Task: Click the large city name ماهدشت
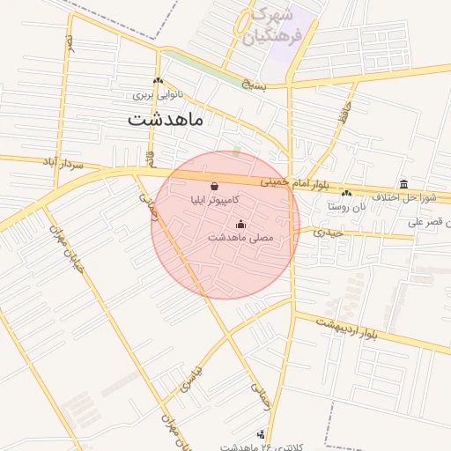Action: coord(165,119)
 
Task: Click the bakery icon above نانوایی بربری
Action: coord(157,81)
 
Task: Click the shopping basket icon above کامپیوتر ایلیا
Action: coord(216,187)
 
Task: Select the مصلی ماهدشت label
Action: coord(241,238)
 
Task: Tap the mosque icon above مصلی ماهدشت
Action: coord(241,224)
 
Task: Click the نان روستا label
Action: coord(345,206)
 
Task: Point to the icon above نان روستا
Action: coord(345,193)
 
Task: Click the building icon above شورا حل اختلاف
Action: coord(403,183)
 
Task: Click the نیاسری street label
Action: coord(191,381)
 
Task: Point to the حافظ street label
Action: coord(344,114)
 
